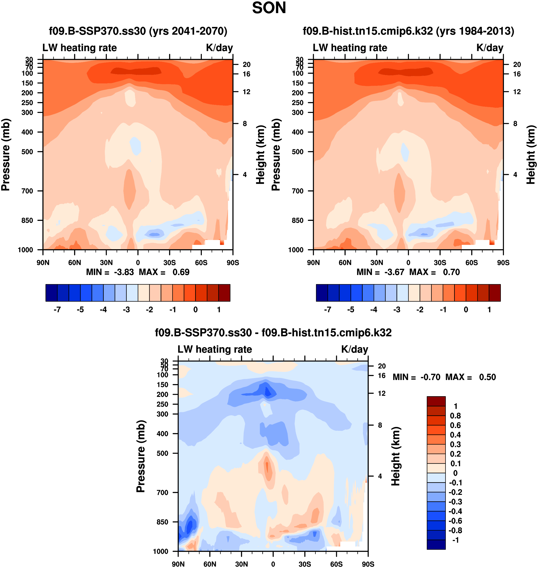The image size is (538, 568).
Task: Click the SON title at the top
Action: (x=269, y=8)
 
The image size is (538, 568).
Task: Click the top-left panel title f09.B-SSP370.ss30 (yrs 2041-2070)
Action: (x=138, y=31)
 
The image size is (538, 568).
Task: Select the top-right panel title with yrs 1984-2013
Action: (x=408, y=31)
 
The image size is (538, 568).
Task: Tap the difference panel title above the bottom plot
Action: (x=273, y=333)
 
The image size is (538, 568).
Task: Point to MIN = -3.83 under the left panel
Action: (x=110, y=272)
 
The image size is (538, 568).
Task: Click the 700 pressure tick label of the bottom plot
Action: (x=162, y=492)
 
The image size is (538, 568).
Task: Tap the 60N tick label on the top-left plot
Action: (x=75, y=263)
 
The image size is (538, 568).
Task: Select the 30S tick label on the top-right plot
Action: (x=440, y=263)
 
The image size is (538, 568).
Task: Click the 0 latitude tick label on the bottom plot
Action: (x=273, y=564)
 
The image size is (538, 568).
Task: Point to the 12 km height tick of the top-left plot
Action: (x=246, y=92)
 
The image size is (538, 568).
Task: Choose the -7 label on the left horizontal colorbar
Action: (x=57, y=310)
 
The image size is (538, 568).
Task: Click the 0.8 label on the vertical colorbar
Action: (x=455, y=416)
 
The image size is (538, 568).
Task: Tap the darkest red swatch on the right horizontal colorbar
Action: (x=495, y=293)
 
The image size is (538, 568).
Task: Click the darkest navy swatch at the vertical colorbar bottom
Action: (x=436, y=544)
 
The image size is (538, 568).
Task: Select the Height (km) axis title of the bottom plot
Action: (x=396, y=456)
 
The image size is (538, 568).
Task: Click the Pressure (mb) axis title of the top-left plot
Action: (x=6, y=155)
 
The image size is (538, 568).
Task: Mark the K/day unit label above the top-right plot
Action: (x=490, y=48)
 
